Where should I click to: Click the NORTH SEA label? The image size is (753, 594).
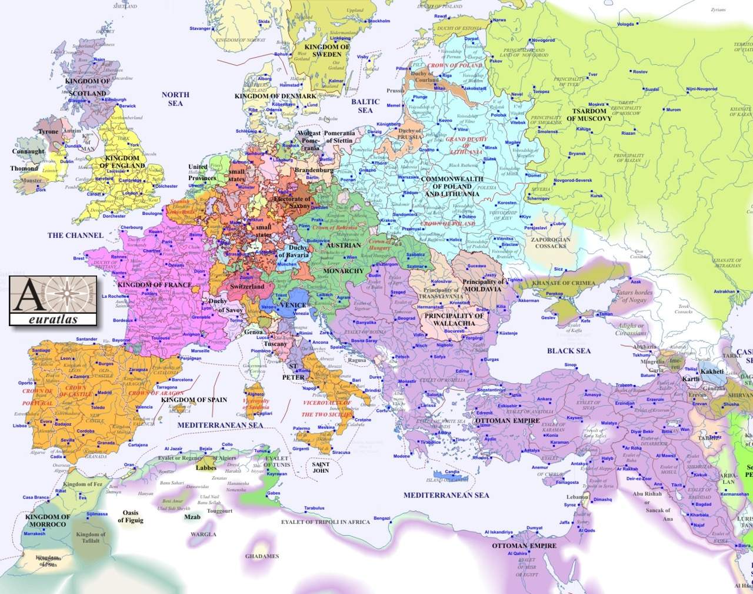175,99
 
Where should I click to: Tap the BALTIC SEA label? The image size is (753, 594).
365,106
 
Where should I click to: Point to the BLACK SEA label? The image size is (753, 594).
568,351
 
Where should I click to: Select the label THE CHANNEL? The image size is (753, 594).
75,235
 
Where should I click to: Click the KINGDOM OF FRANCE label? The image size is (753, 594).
155,285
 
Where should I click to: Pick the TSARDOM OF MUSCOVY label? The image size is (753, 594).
589,115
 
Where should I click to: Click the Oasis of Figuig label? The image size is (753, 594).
131,516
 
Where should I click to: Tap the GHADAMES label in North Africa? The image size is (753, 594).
262,556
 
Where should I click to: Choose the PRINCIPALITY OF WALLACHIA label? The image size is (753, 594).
454,320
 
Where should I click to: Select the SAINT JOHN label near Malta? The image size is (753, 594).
321,467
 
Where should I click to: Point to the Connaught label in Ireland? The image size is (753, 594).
28,151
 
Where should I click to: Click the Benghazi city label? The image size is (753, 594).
382,518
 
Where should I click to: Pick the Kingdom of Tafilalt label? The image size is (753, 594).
91,537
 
